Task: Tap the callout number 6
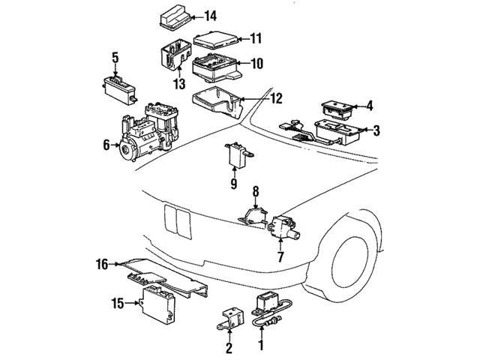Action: (106, 144)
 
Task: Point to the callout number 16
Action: (101, 263)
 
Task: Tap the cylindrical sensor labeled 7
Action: (283, 226)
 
